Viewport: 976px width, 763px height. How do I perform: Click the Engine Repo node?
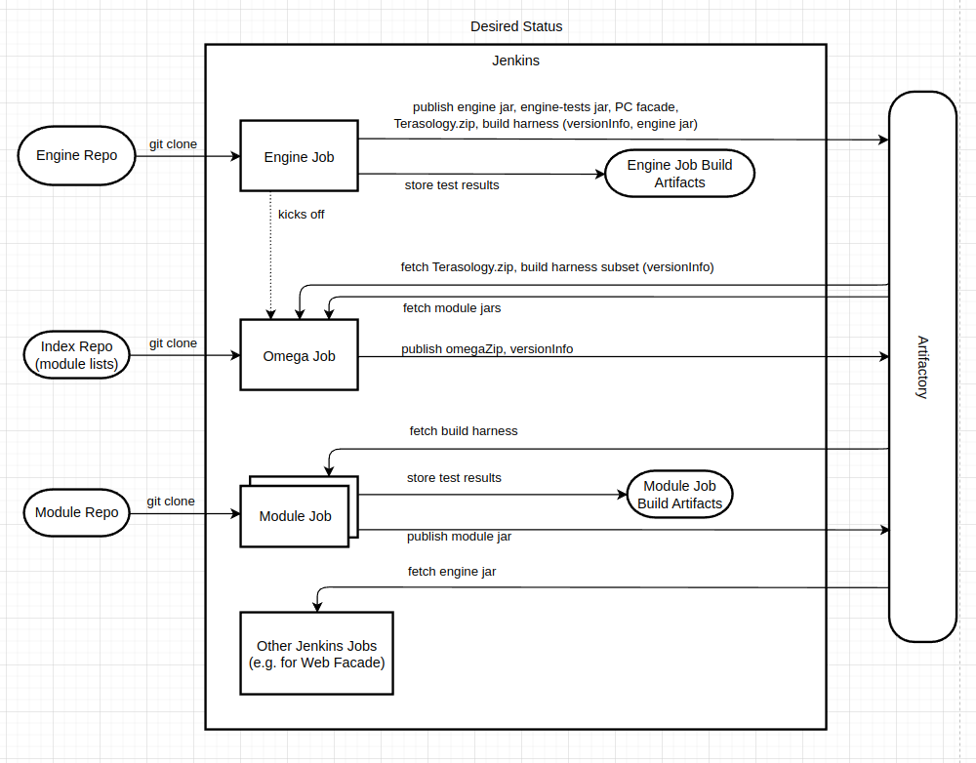pyautogui.click(x=76, y=156)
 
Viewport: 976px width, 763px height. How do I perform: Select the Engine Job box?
pyautogui.click(x=299, y=156)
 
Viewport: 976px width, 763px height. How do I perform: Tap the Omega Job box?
pyautogui.click(x=299, y=356)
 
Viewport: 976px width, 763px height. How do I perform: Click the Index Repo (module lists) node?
pyautogui.click(x=76, y=355)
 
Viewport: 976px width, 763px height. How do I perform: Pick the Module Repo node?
pyautogui.click(x=76, y=512)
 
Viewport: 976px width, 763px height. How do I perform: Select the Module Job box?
pyautogui.click(x=295, y=516)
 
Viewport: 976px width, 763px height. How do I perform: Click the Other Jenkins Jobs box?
pyautogui.click(x=316, y=654)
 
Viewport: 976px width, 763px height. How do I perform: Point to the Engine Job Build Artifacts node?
pyautogui.click(x=679, y=174)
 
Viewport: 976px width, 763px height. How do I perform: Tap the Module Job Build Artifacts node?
pyautogui.click(x=679, y=495)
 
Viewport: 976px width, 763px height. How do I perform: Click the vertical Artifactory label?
pyautogui.click(x=922, y=367)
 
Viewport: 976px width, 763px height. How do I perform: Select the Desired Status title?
pyautogui.click(x=516, y=26)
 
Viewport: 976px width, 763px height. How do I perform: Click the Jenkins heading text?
pyautogui.click(x=515, y=60)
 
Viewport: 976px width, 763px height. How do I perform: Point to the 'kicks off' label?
pyautogui.click(x=301, y=214)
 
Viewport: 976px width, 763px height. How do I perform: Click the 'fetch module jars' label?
pyautogui.click(x=452, y=308)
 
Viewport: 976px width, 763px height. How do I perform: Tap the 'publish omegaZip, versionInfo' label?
pyautogui.click(x=486, y=348)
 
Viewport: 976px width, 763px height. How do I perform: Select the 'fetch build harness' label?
pyautogui.click(x=463, y=430)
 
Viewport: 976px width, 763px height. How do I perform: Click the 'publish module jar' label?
pyautogui.click(x=459, y=536)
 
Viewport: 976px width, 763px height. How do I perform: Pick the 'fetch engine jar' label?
pyautogui.click(x=451, y=571)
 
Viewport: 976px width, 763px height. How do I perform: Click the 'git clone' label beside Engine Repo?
pyautogui.click(x=173, y=144)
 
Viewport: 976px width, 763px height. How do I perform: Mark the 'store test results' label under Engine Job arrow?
pyautogui.click(x=452, y=184)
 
